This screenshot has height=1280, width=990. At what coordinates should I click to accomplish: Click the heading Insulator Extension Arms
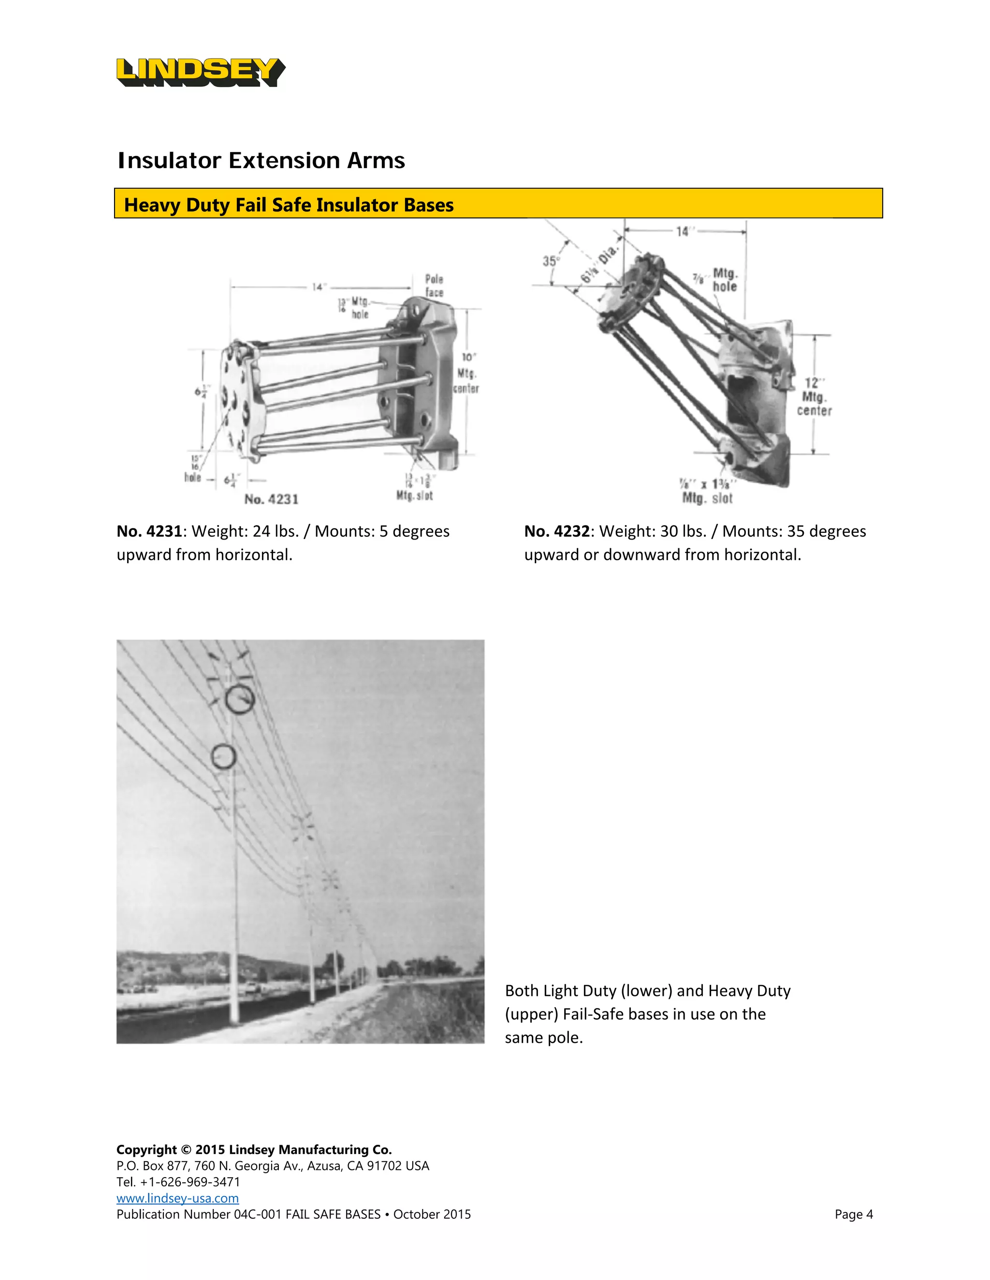pyautogui.click(x=261, y=160)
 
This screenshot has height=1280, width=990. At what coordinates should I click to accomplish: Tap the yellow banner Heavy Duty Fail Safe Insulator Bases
pyautogui.click(x=498, y=204)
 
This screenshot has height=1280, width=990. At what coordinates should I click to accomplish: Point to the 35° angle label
pyautogui.click(x=551, y=261)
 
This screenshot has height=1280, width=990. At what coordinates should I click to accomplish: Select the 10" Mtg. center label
pyautogui.click(x=467, y=373)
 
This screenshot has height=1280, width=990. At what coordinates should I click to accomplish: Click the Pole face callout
pyautogui.click(x=434, y=285)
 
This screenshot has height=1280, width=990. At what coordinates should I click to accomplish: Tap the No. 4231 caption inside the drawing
pyautogui.click(x=272, y=499)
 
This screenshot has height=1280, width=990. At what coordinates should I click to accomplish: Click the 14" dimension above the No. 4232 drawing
pyautogui.click(x=683, y=231)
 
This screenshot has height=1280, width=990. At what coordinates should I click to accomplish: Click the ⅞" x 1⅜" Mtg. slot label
pyautogui.click(x=707, y=491)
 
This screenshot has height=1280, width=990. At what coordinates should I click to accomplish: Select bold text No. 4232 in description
pyautogui.click(x=556, y=531)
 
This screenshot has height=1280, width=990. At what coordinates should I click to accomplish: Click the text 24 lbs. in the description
pyautogui.click(x=276, y=531)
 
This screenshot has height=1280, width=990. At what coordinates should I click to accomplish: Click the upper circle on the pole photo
pyautogui.click(x=240, y=699)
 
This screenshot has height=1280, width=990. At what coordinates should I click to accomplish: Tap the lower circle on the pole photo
pyautogui.click(x=223, y=756)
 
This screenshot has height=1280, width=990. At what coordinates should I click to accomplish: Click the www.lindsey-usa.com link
pyautogui.click(x=177, y=1198)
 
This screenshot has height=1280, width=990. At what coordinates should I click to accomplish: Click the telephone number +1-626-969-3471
pyautogui.click(x=190, y=1181)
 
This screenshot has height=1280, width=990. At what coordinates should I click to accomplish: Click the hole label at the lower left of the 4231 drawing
pyautogui.click(x=192, y=477)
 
